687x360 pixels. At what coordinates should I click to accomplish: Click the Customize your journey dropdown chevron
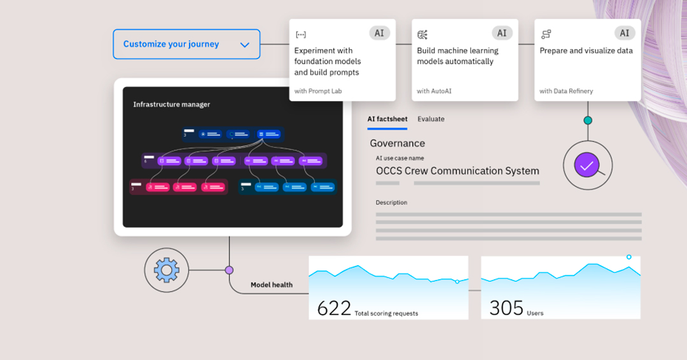pos(245,45)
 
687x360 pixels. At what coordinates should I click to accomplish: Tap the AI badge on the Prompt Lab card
pos(379,33)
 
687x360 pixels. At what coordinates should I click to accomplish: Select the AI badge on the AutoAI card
pos(502,33)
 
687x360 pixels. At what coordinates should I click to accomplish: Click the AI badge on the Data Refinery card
pos(625,33)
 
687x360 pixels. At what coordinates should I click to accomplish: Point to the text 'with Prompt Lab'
pos(318,91)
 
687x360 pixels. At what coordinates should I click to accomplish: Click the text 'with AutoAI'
pos(434,91)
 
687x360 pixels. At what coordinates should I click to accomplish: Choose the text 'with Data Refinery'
pos(566,91)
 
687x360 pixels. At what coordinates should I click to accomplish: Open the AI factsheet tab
pos(387,119)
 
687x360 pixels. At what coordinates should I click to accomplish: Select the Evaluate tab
pos(431,119)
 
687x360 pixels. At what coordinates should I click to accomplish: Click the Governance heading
pos(398,143)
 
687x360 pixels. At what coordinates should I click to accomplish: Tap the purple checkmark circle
pos(586,165)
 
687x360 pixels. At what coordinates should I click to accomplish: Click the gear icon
pos(167,270)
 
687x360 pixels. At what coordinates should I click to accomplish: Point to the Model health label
pos(272,285)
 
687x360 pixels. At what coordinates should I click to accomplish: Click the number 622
pos(334,308)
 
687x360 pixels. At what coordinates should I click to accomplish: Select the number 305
pos(506,308)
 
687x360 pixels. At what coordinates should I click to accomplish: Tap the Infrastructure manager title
pos(172,104)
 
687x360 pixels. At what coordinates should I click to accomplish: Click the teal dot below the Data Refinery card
pos(588,120)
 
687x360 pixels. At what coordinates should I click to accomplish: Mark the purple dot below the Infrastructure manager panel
pos(229,270)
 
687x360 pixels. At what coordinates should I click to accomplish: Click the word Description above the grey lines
pos(391,202)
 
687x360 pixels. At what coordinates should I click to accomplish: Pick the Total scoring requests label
pos(386,314)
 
